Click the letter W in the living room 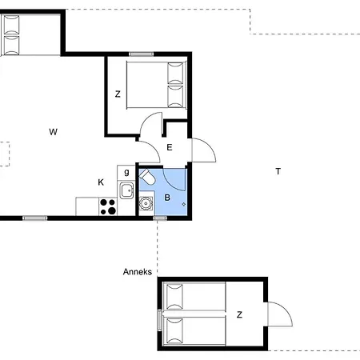pos(54,132)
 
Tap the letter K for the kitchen pos(101,182)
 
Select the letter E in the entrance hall pos(170,147)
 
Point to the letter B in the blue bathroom pos(167,198)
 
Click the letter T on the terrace pos(278,171)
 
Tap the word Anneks pos(138,272)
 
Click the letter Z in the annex pos(239,314)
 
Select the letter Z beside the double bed pos(118,94)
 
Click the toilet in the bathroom pos(147,177)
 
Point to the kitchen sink pos(126,190)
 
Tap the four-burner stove pos(108,206)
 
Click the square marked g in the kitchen pos(126,173)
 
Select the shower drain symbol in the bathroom pos(184,204)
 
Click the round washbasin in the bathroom pos(146,203)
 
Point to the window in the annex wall pos(160,320)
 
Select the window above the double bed pos(142,54)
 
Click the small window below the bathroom pos(160,218)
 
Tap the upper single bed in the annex pos(195,296)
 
